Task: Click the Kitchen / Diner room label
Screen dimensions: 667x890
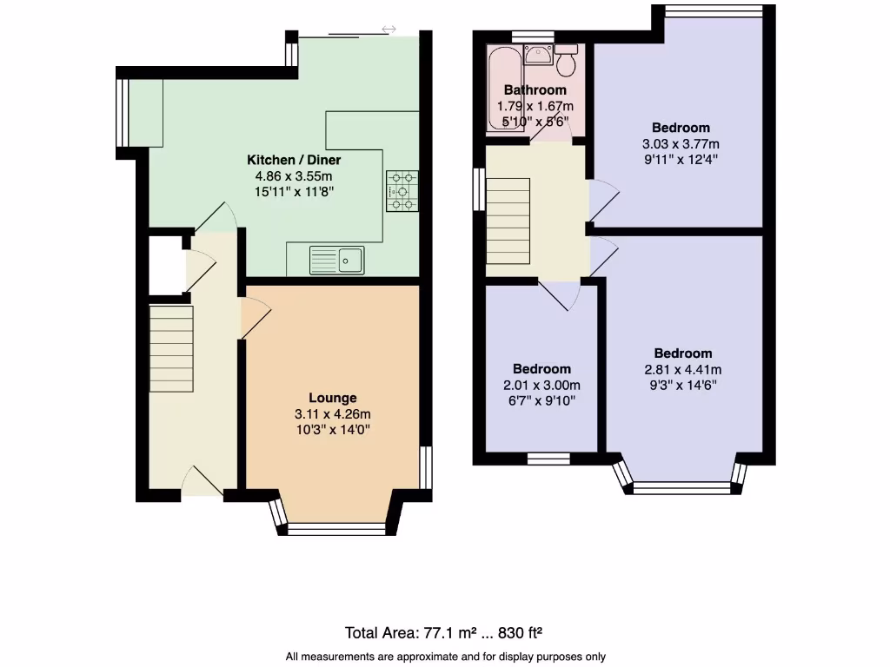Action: coord(294,160)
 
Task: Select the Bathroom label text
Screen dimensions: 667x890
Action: coord(535,89)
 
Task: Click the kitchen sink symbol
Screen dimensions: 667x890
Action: coord(338,259)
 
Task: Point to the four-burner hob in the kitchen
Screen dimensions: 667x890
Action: coord(401,190)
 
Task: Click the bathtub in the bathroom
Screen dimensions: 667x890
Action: coord(502,85)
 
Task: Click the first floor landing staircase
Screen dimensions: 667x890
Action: coord(508,215)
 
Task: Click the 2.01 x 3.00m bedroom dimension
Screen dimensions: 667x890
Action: coord(541,385)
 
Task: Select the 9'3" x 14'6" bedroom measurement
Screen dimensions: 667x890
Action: coord(682,385)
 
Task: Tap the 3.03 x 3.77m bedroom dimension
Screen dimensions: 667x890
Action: coord(681,144)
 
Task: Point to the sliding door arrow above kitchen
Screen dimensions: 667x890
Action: coord(389,30)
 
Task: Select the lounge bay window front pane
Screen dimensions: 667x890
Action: coord(335,527)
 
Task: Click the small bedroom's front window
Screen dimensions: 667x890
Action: coord(548,457)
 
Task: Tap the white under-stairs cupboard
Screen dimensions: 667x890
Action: coord(166,265)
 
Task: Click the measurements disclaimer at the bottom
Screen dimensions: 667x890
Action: coord(444,657)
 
